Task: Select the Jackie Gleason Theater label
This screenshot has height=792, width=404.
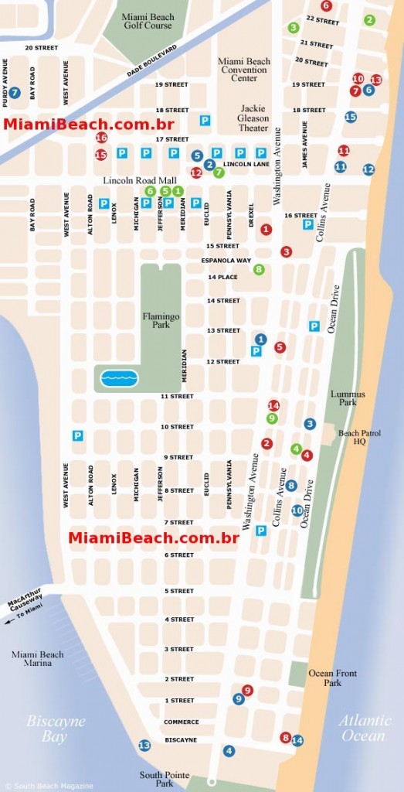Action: coord(254,118)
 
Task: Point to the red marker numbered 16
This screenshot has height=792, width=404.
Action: coord(101,138)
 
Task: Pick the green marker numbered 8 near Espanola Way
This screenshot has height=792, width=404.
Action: coord(259,269)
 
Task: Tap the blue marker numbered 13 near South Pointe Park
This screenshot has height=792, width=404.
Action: coord(144,745)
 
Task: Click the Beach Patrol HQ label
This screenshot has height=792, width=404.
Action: coord(357,438)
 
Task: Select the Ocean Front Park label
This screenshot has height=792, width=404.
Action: coord(332,678)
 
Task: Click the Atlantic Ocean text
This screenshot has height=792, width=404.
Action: coord(363,728)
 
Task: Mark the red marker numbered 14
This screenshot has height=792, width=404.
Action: coord(273,405)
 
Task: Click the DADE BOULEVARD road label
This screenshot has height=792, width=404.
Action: coord(152,60)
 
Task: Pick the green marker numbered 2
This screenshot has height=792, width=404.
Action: coord(369,20)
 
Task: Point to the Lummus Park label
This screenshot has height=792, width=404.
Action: coord(348,398)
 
